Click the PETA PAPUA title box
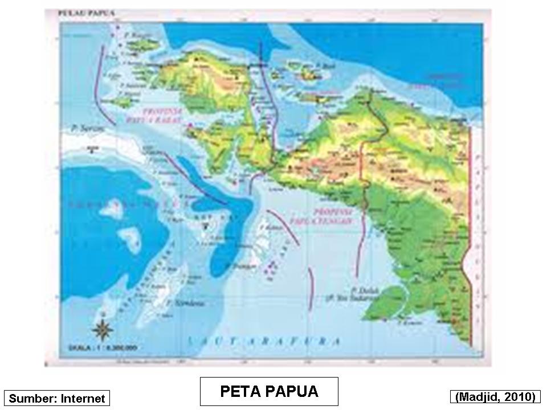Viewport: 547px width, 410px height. click(x=269, y=391)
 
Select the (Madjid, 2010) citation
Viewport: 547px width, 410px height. click(x=495, y=396)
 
